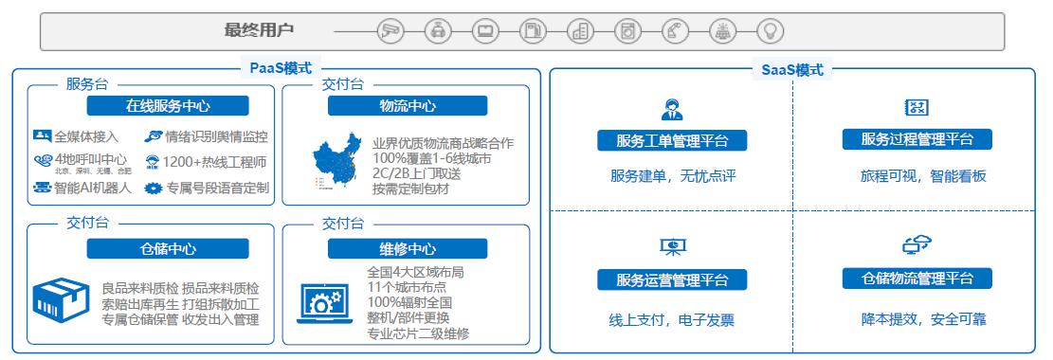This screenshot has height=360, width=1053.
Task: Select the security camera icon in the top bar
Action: click(x=389, y=30)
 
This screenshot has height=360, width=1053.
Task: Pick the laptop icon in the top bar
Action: click(x=486, y=30)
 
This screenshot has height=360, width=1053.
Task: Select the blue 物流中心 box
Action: click(x=407, y=105)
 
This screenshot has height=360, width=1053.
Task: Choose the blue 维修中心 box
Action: click(x=407, y=249)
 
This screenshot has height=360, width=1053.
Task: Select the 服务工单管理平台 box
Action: click(x=672, y=141)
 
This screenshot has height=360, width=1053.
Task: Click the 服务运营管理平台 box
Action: click(x=672, y=279)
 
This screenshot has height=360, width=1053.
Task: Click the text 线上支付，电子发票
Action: click(x=671, y=319)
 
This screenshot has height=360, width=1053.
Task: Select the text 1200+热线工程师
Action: click(x=213, y=162)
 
